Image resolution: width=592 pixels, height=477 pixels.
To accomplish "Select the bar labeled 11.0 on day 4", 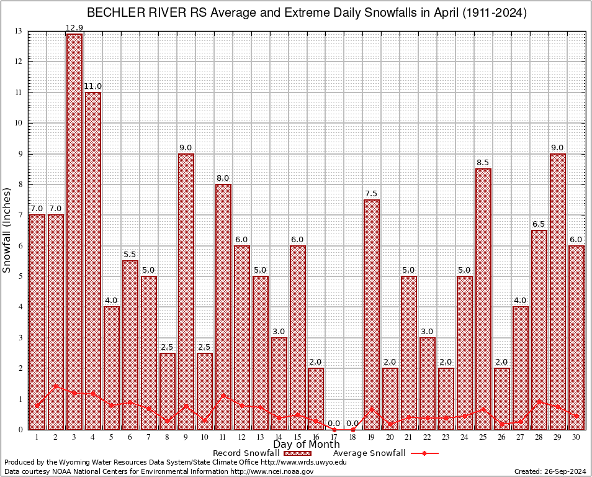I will tap(93, 261).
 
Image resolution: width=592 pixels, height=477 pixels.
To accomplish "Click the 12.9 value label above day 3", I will tap(74, 28).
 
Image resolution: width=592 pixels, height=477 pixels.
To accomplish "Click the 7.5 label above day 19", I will tap(372, 194).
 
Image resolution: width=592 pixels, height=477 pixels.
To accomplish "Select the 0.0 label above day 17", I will tap(334, 423).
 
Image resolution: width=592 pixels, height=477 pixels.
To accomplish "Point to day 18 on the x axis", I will tap(353, 437).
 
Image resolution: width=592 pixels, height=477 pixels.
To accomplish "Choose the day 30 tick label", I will tap(576, 437).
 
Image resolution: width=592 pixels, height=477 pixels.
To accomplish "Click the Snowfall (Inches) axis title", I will tap(7, 230).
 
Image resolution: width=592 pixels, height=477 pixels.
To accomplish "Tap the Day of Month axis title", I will tap(307, 445).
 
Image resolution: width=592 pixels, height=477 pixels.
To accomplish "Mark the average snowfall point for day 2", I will tap(56, 386).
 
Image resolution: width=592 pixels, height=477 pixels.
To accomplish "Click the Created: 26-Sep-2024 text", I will tap(550, 471).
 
